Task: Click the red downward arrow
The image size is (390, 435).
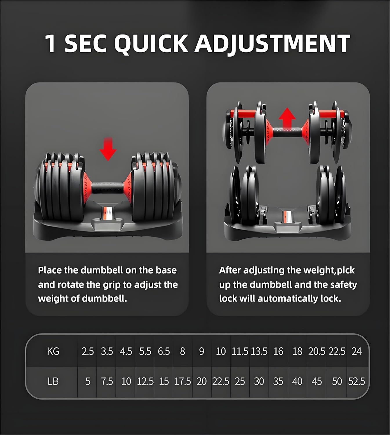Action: [108, 149]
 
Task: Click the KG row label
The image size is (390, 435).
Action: [53, 351]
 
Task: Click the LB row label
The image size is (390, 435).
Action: [53, 381]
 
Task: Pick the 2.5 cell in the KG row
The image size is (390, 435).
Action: [88, 351]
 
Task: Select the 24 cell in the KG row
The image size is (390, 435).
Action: [356, 351]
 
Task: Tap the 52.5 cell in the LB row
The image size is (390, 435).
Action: [356, 381]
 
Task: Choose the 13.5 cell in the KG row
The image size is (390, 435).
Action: [259, 351]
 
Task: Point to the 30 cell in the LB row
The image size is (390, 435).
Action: [259, 381]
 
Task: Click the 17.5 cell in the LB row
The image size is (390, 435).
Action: [182, 381]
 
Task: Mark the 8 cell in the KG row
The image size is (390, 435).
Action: [182, 351]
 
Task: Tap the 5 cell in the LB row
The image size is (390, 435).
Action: [88, 381]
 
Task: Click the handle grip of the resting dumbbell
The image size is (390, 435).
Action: [108, 188]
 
